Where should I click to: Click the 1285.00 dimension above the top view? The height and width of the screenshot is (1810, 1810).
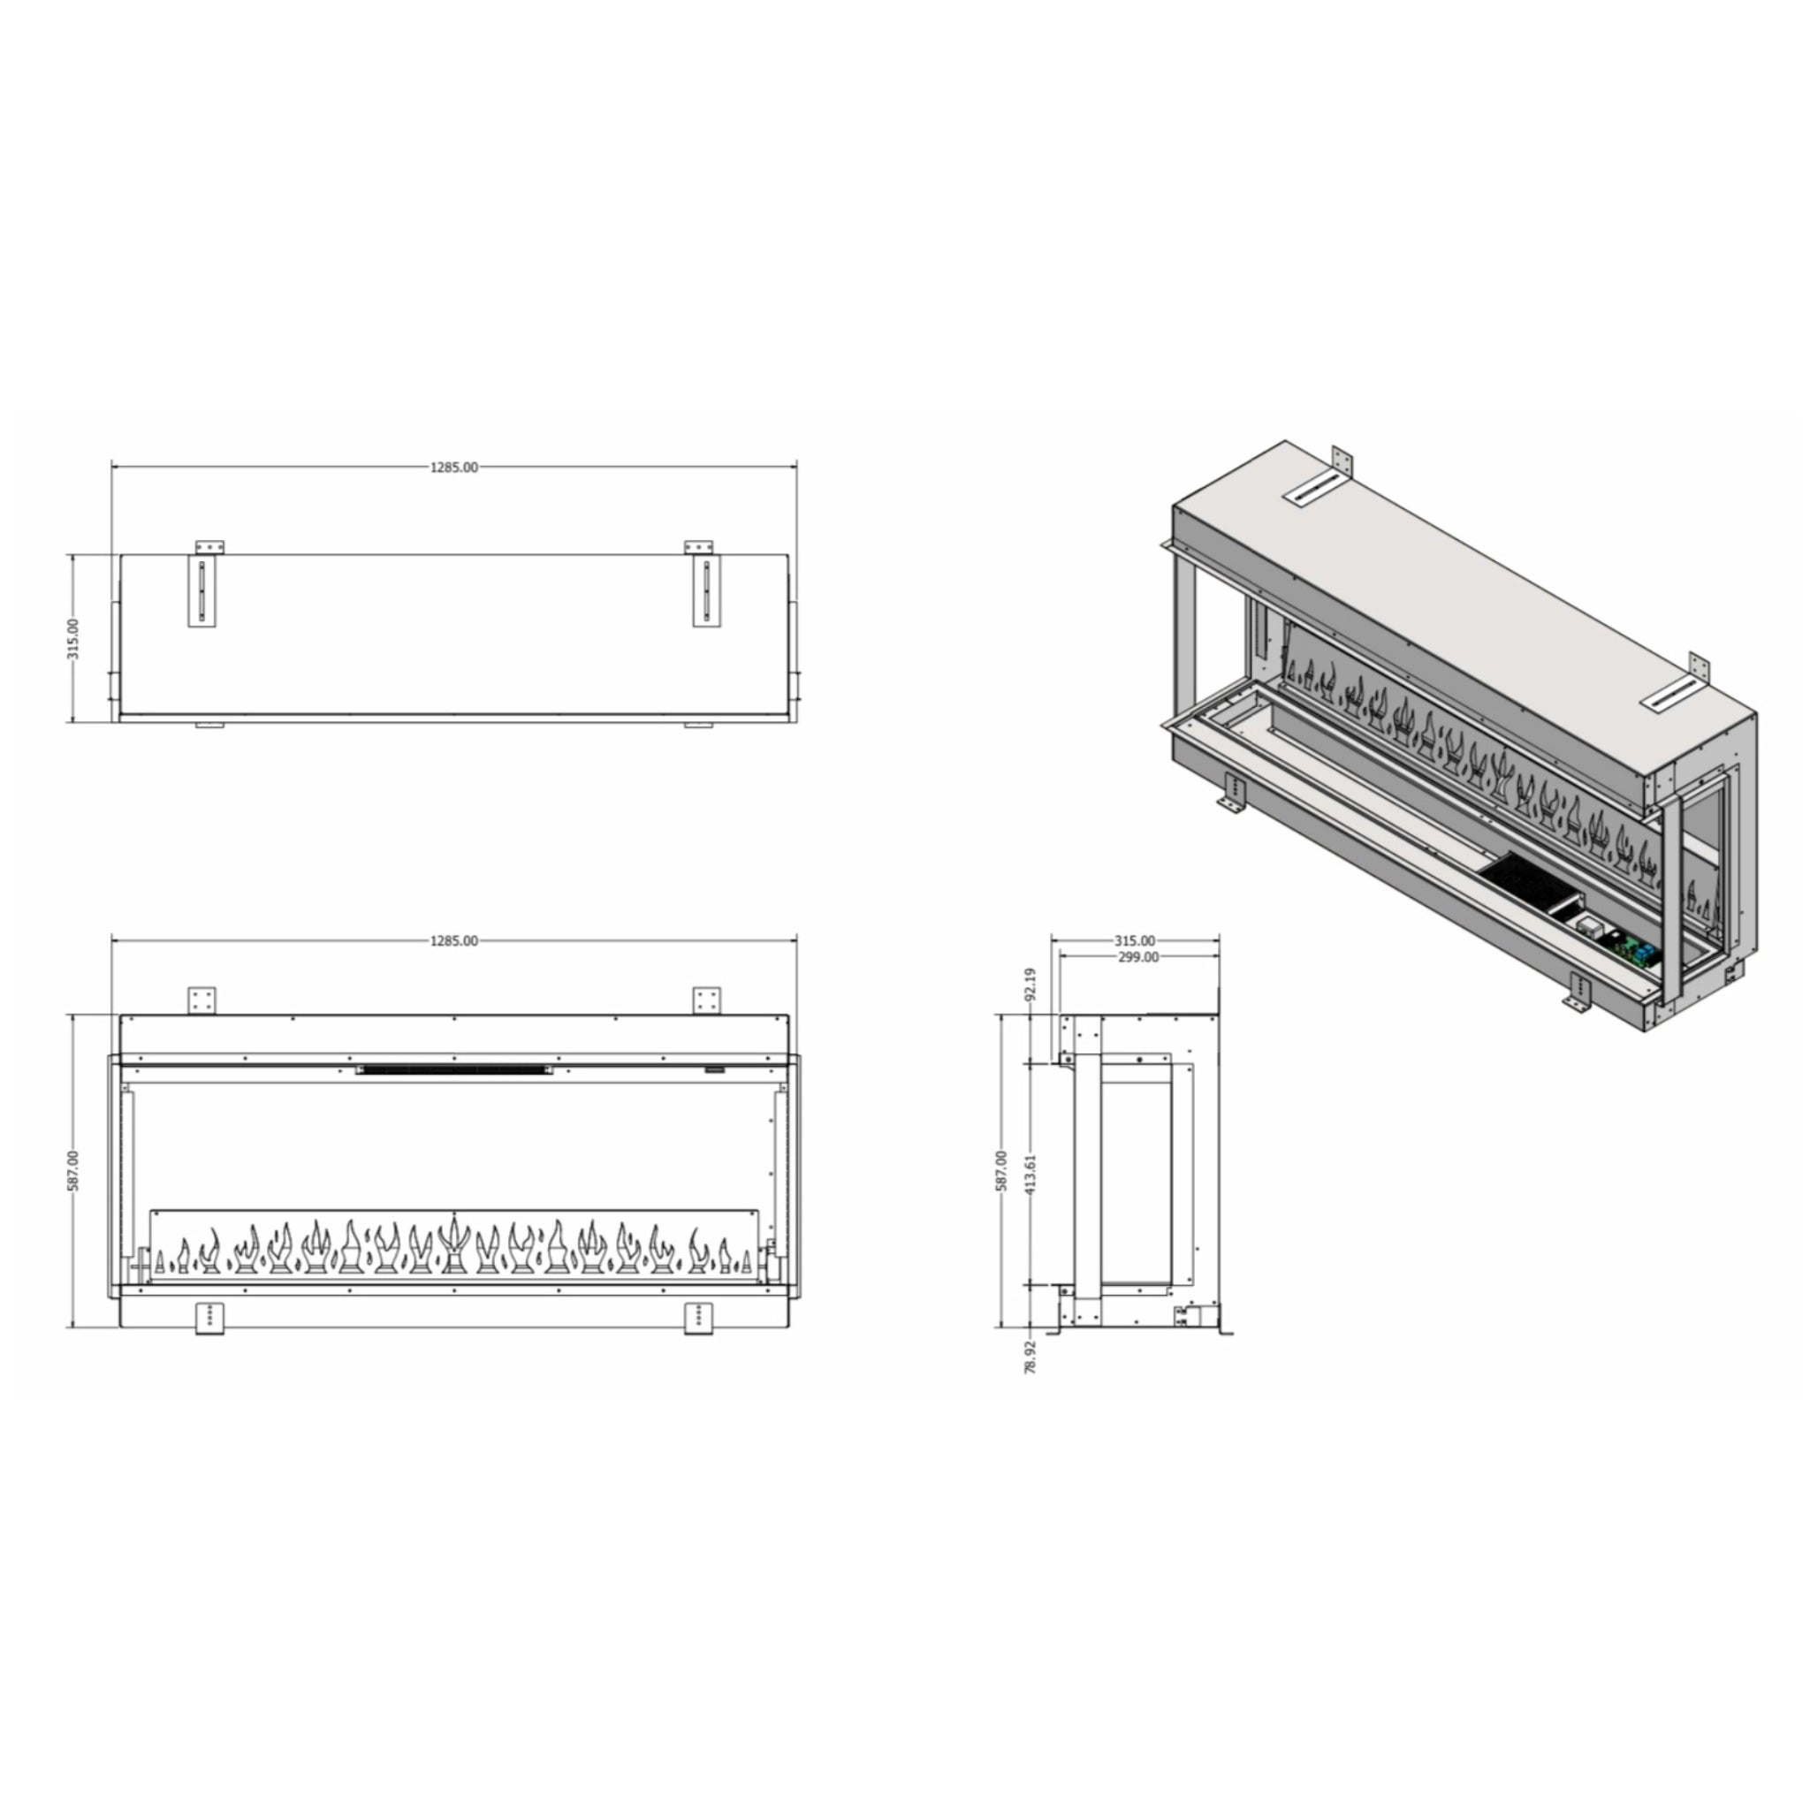pyautogui.click(x=454, y=468)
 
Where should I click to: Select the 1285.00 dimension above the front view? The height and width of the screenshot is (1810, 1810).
pyautogui.click(x=454, y=940)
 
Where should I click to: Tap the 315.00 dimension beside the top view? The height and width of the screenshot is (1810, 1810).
pyautogui.click(x=74, y=638)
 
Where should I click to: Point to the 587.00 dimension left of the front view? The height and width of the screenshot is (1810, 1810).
pyautogui.click(x=74, y=1171)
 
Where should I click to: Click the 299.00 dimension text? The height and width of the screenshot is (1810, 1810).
pyautogui.click(x=1138, y=957)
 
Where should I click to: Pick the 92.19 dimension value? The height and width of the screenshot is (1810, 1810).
pyautogui.click(x=1031, y=985)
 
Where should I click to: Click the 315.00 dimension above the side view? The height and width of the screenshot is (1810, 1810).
pyautogui.click(x=1135, y=940)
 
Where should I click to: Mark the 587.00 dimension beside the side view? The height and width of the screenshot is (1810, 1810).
pyautogui.click(x=1001, y=1171)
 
